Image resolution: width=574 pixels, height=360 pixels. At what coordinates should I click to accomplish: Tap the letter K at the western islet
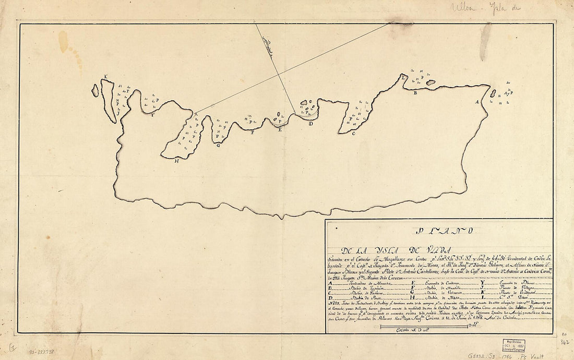[105, 77]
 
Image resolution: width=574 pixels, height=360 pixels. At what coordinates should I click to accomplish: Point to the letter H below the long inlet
[177, 161]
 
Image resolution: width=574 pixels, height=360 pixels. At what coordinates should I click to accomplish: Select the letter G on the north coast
[219, 146]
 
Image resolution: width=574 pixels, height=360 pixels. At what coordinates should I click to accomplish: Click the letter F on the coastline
[253, 133]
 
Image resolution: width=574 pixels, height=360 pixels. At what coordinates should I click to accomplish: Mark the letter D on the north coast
[311, 124]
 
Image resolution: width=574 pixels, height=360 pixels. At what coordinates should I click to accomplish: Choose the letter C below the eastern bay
[353, 134]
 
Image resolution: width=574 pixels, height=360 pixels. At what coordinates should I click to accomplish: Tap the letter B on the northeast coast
[415, 93]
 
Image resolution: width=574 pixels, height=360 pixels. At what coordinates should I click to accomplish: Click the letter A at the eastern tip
[476, 102]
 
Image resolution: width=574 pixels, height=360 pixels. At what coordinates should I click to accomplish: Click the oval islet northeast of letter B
[431, 82]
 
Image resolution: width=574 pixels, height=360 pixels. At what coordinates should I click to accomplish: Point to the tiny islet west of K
[95, 90]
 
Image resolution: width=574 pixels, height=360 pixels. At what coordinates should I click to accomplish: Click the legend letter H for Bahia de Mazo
[413, 298]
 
